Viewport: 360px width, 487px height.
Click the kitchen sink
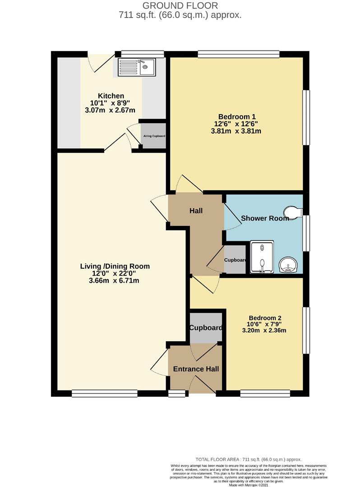pos(136,67)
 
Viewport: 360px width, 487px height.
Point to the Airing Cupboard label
pos(153,136)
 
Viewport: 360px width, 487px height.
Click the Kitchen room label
pos(111,96)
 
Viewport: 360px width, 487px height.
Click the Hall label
pos(196,211)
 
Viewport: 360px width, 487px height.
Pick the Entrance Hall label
pos(196,369)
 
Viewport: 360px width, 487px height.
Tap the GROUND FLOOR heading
pos(180,5)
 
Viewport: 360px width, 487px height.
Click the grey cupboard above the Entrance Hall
pos(206,328)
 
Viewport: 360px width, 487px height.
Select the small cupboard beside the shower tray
pos(235,260)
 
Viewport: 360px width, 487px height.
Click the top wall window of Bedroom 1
pos(238,54)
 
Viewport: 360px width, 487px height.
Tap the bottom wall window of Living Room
pos(105,394)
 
